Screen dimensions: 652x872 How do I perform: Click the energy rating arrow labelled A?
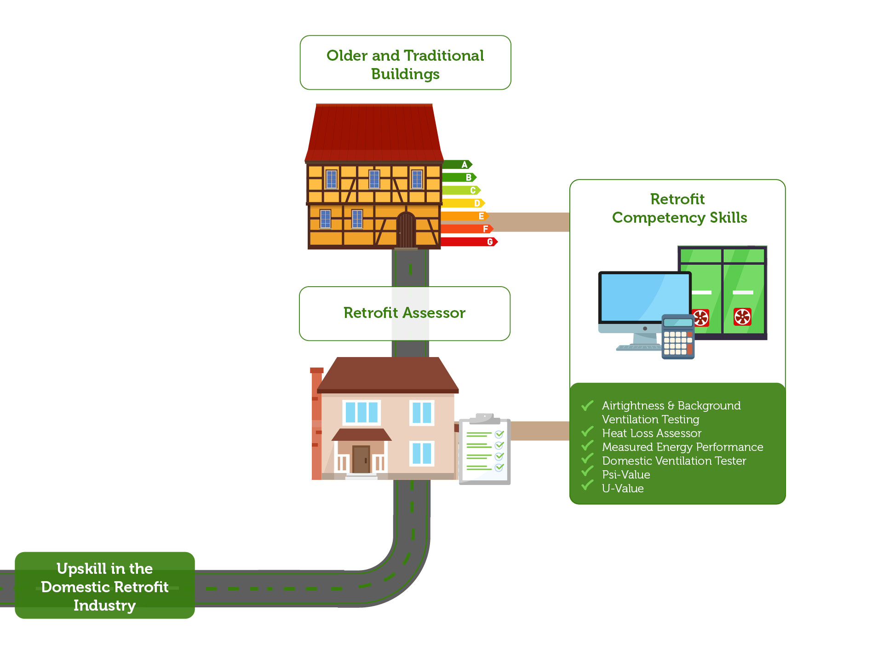[x=457, y=165]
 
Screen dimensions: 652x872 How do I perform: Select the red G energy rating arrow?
[x=469, y=242]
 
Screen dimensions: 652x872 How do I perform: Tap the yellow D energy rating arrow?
[x=463, y=203]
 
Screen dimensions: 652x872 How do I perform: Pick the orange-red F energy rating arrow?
[x=467, y=229]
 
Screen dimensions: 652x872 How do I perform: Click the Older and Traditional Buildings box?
[x=405, y=63]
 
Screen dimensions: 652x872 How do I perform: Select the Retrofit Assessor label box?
[x=404, y=313]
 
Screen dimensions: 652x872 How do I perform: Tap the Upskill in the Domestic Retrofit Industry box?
[x=105, y=586]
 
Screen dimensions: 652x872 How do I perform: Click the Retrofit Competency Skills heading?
[x=679, y=208]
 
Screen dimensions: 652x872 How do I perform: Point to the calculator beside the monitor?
[x=677, y=337]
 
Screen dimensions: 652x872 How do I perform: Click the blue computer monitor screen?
[x=644, y=297]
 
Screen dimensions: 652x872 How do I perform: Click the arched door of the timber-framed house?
[x=406, y=230]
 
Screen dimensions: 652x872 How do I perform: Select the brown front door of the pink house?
[x=361, y=459]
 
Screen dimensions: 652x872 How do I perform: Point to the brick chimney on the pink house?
[x=316, y=423]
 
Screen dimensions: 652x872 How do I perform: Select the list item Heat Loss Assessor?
[x=651, y=433]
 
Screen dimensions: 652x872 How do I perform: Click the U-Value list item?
[x=623, y=489]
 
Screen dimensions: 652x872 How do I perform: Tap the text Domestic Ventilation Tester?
[x=674, y=461]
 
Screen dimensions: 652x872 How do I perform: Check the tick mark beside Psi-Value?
[x=587, y=472]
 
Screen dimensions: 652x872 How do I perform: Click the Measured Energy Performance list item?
[x=683, y=447]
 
